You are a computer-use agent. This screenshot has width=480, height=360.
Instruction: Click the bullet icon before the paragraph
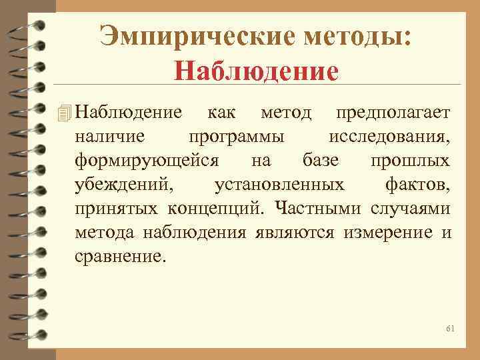click(64, 113)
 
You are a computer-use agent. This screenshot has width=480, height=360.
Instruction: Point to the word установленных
click(279, 184)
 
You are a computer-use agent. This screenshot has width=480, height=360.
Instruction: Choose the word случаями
click(409, 208)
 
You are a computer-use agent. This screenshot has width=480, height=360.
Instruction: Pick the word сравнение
click(119, 256)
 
